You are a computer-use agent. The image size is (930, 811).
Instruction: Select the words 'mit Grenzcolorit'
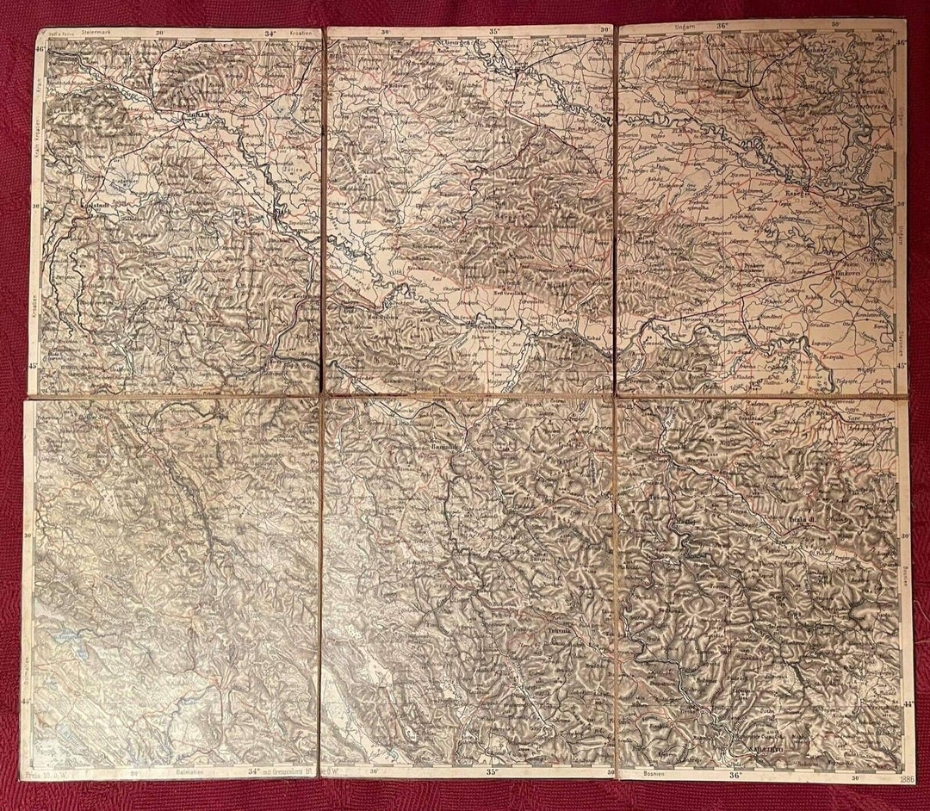click(x=288, y=772)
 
